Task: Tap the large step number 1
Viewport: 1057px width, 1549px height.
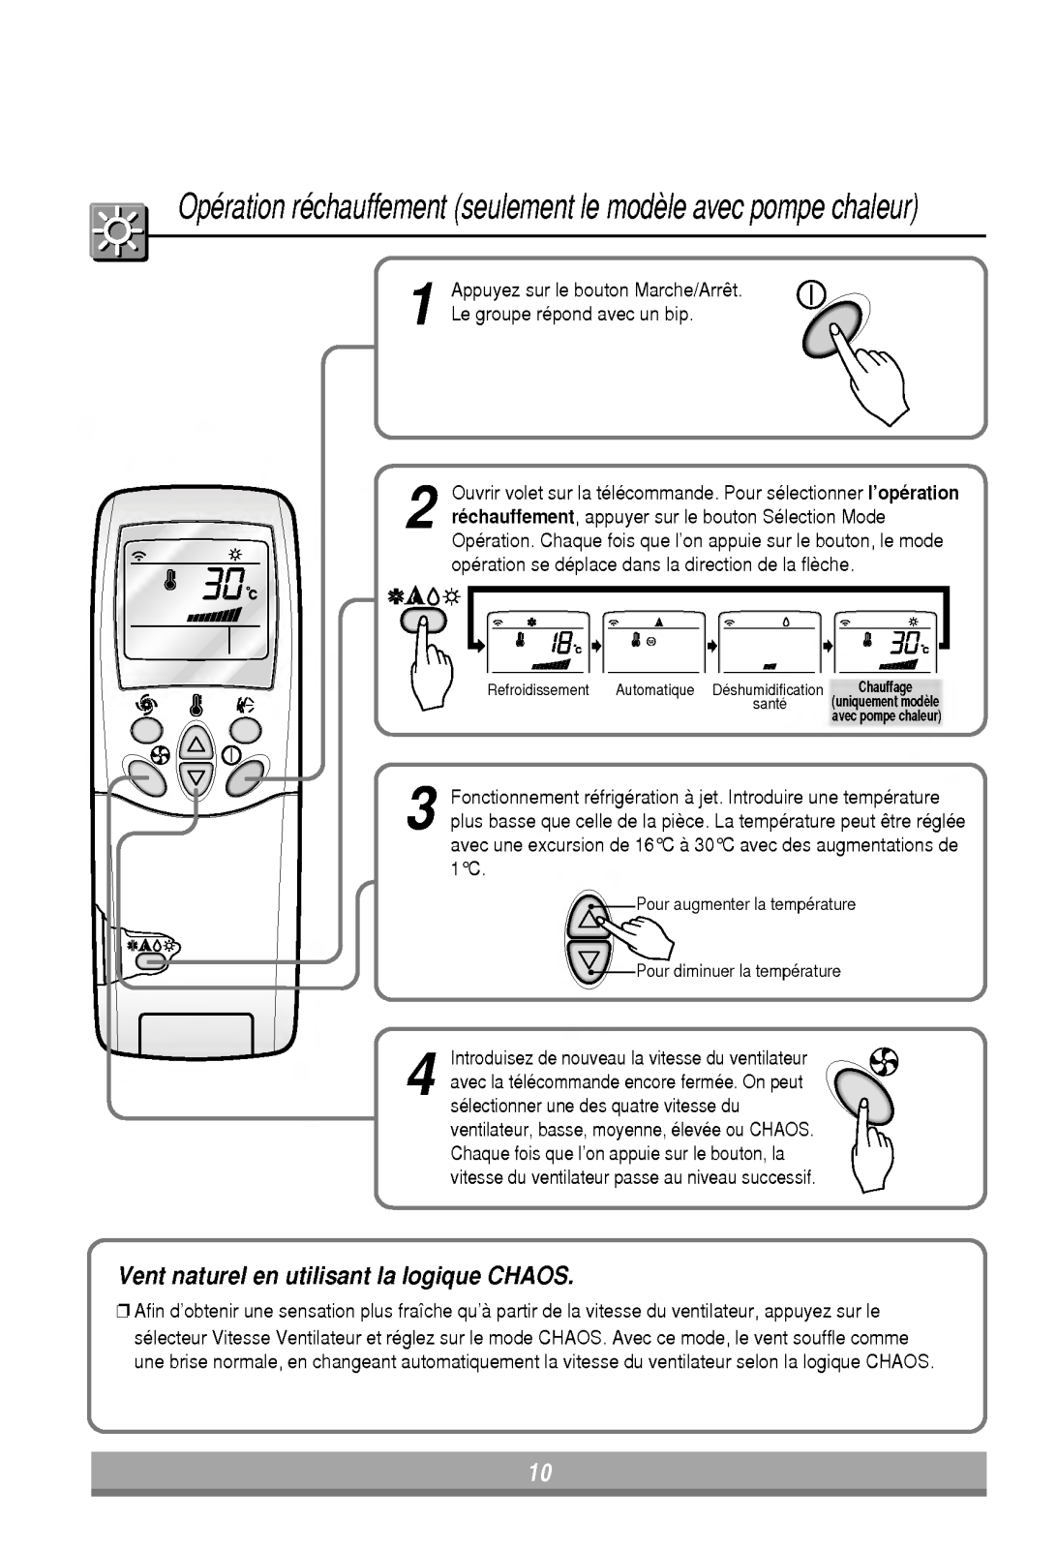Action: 420,305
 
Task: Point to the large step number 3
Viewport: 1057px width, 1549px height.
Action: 420,809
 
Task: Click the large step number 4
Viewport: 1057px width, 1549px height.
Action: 420,1075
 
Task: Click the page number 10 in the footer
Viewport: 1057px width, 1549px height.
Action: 539,1473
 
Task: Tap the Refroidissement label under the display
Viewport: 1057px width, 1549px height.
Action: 538,690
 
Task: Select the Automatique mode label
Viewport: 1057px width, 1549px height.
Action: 654,690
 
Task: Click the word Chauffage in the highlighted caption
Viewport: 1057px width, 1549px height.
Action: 885,687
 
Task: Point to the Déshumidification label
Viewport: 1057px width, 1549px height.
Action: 768,690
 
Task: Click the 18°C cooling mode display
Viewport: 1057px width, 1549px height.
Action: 538,642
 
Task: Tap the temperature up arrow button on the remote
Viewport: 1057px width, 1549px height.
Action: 196,744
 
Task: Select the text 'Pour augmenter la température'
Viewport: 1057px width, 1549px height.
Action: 745,904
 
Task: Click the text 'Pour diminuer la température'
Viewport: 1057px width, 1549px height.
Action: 738,971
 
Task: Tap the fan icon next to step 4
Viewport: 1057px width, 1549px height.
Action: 883,1062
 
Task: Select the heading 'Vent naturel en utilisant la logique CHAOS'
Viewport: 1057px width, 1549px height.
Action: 345,1275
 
